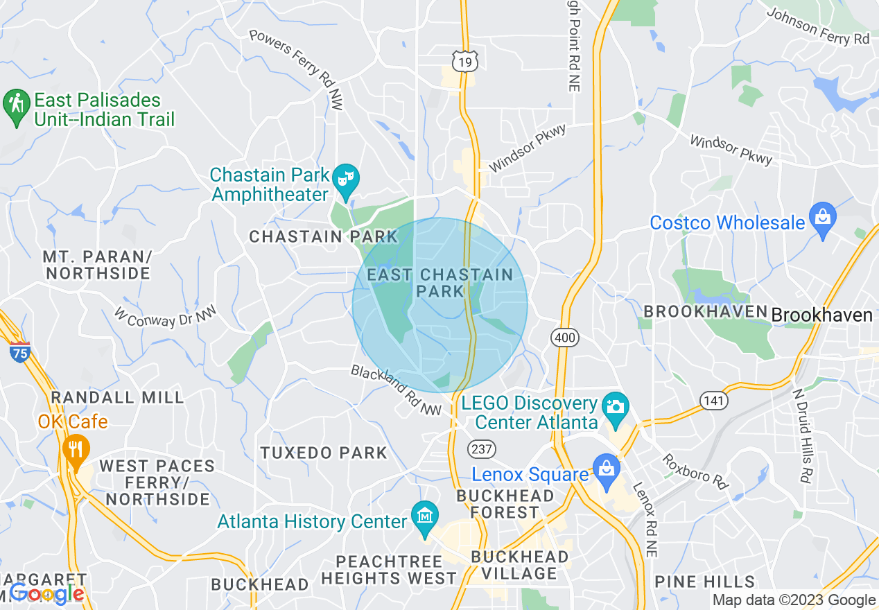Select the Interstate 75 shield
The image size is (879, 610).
point(19,352)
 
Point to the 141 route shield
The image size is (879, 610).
point(713,400)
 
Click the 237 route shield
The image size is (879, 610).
point(481,448)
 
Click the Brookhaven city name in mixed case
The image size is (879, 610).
point(821,315)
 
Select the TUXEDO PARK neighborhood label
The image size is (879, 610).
point(324,453)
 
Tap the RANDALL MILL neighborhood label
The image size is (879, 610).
point(118,397)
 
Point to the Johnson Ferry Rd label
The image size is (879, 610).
point(817,26)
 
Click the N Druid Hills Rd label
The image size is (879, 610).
point(803,434)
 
